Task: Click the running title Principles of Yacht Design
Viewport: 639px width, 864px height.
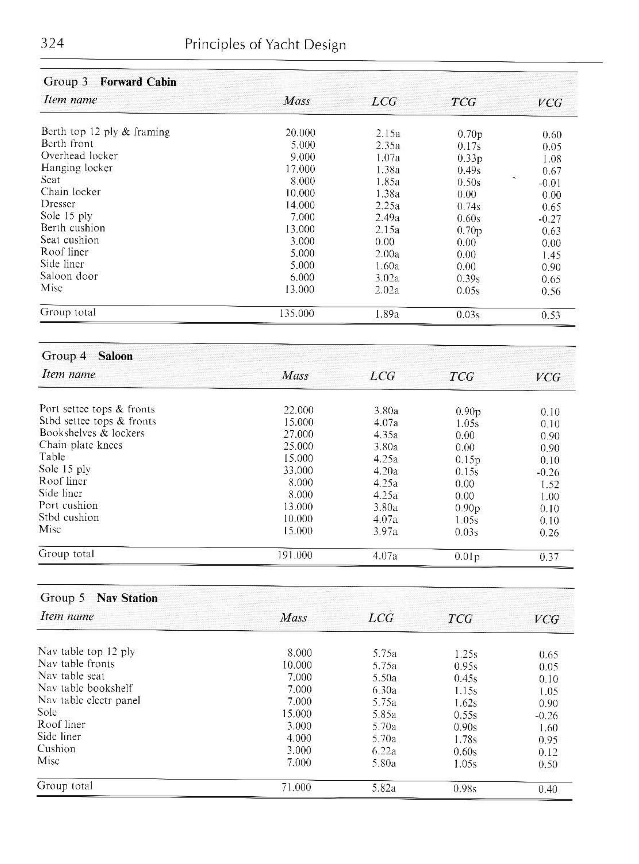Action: (265, 45)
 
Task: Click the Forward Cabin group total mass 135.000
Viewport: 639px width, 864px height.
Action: (297, 313)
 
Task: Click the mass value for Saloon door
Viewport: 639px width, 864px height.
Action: (302, 278)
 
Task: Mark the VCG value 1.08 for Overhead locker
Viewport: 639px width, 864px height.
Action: (552, 159)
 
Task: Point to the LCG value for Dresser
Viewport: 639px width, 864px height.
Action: (388, 205)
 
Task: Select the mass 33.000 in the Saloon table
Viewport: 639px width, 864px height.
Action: (298, 470)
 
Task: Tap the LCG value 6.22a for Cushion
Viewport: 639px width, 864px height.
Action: (384, 751)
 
